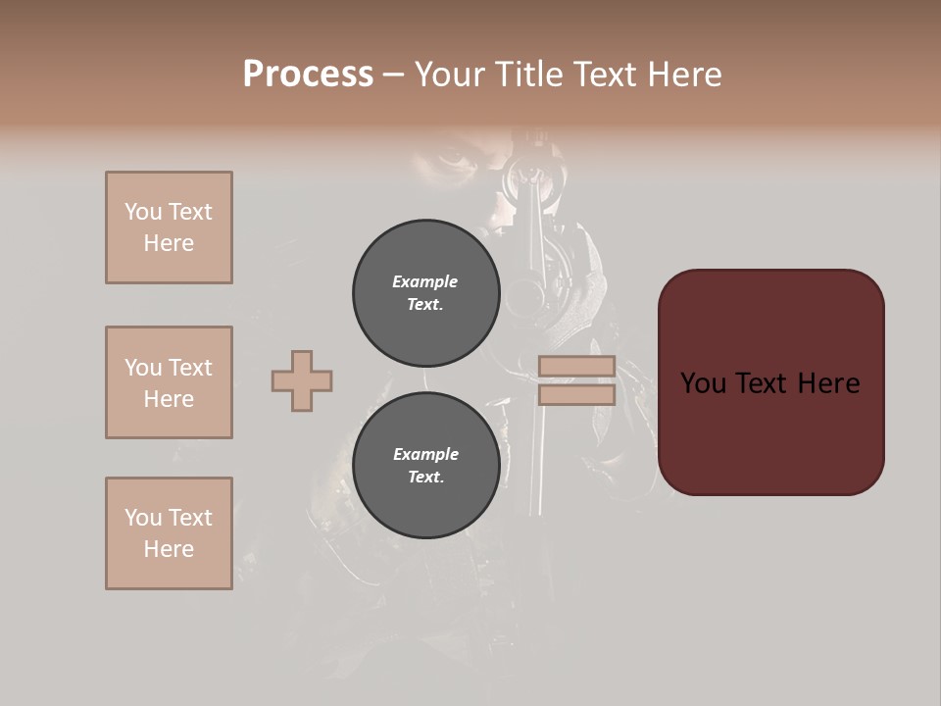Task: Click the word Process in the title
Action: (x=308, y=75)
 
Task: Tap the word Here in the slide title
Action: (x=683, y=75)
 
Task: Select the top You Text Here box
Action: (x=169, y=227)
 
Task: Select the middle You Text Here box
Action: (x=169, y=382)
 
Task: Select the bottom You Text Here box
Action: (x=169, y=533)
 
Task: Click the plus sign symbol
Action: (x=302, y=380)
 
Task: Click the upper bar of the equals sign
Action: (x=576, y=366)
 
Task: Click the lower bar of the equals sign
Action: (x=576, y=395)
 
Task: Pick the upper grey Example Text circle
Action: (x=425, y=292)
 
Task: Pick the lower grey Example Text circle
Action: (x=425, y=465)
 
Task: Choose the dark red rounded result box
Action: (x=770, y=381)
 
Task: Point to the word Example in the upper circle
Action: (x=425, y=281)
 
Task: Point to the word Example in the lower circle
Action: (x=425, y=454)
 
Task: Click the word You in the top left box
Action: (x=142, y=212)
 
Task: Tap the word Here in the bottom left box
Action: (x=169, y=549)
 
